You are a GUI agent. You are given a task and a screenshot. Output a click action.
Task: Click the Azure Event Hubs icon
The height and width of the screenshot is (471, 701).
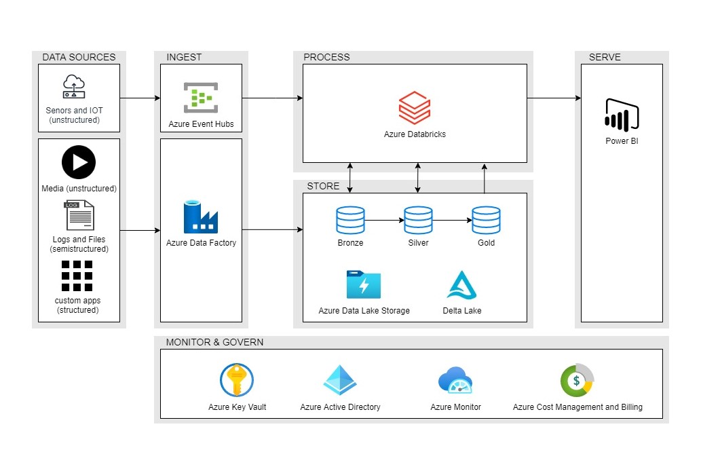(200, 98)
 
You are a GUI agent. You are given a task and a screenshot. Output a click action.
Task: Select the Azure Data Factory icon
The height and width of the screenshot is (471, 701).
(200, 217)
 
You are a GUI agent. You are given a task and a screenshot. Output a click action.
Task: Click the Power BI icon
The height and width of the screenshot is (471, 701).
(622, 114)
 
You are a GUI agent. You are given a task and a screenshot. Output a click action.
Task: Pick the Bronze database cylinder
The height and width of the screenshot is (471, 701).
(350, 221)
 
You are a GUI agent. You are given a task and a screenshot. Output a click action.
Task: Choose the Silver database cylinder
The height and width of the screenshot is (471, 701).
(418, 221)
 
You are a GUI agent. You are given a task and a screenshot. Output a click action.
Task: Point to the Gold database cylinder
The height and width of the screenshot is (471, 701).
(486, 221)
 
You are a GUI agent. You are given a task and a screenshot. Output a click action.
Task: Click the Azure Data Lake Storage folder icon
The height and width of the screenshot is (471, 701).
(364, 285)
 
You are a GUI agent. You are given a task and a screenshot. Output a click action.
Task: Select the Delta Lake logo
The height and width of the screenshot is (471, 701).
(461, 285)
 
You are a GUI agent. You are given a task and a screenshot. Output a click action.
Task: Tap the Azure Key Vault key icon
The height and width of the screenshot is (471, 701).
(237, 380)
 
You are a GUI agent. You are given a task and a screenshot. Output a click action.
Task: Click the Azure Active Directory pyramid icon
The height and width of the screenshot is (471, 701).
(340, 380)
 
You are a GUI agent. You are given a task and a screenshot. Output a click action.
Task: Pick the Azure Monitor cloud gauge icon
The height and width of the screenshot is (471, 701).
(455, 380)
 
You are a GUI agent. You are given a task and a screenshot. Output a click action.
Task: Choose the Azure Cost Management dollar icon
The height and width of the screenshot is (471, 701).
(577, 381)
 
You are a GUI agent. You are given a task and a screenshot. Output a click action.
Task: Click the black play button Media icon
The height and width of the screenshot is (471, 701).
(79, 163)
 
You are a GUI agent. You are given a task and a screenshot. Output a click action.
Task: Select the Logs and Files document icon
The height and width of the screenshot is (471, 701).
(79, 216)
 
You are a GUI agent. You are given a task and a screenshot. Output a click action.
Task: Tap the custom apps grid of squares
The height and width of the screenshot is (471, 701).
(77, 276)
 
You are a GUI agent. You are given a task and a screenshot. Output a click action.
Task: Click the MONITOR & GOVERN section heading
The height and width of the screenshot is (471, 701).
(214, 342)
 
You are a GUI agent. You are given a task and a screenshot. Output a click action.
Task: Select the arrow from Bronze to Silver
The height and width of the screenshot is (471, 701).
(384, 221)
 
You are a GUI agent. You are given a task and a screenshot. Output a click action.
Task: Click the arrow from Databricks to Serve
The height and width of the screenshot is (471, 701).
(553, 98)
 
